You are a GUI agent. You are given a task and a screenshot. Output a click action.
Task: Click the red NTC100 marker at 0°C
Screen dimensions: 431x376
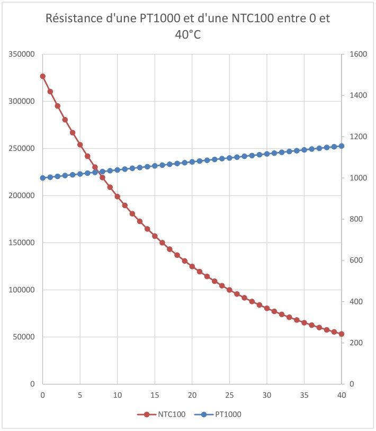click(x=43, y=76)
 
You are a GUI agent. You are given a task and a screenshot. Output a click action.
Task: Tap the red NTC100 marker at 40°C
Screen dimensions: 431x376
click(x=342, y=334)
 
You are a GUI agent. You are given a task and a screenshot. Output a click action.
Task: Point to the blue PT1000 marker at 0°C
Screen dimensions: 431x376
click(x=43, y=178)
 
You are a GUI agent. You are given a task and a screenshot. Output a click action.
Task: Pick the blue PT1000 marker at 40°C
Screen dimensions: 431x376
click(x=342, y=146)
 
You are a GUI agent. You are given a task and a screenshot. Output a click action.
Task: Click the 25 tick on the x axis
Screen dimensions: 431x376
click(x=229, y=395)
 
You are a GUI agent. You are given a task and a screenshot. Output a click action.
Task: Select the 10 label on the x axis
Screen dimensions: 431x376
click(x=118, y=395)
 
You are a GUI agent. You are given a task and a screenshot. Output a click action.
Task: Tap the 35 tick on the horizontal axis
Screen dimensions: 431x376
click(x=304, y=395)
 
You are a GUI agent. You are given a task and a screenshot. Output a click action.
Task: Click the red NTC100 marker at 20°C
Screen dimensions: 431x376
click(x=192, y=266)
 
